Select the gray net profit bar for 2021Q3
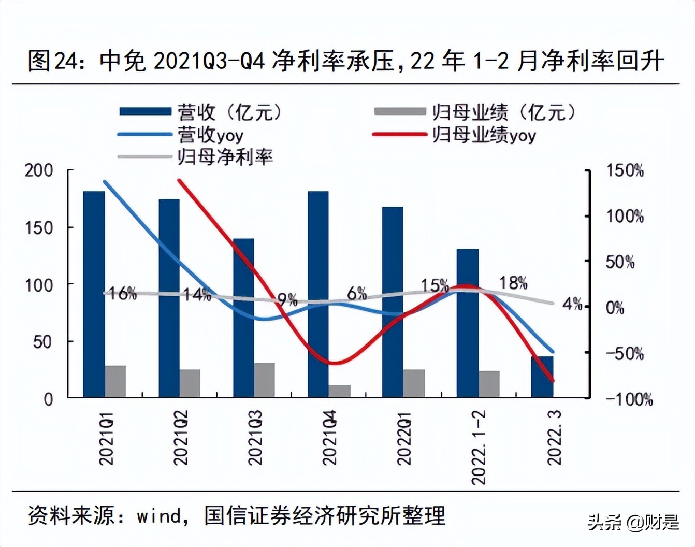(x=264, y=380)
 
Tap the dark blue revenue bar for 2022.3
(x=542, y=377)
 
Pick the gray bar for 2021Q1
(x=115, y=381)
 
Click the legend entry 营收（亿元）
(x=202, y=112)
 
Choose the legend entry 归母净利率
(x=197, y=157)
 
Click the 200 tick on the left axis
(x=39, y=170)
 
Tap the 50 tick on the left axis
(x=42, y=342)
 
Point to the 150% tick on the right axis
(x=625, y=170)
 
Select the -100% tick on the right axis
(x=629, y=399)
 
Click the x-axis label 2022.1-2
(x=479, y=447)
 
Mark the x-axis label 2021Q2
(x=180, y=438)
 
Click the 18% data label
(x=513, y=283)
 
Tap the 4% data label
(x=572, y=304)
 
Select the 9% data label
(x=287, y=299)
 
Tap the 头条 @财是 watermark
(x=633, y=522)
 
